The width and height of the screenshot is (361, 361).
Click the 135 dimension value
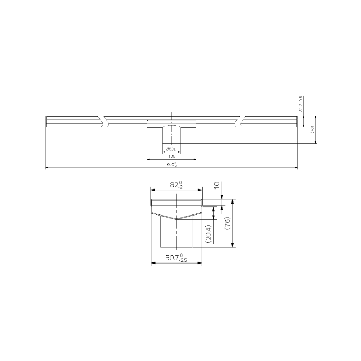click(171, 156)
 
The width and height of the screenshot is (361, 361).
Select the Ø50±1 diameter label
click(172, 149)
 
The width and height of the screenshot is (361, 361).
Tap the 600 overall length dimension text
click(171, 165)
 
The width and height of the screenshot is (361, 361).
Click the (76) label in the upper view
click(312, 130)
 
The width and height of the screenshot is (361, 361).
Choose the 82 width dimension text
click(176, 185)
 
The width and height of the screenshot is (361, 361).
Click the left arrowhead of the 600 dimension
click(47, 168)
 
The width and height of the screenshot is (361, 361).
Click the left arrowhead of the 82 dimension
click(152, 190)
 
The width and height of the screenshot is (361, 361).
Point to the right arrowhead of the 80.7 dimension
click(200, 263)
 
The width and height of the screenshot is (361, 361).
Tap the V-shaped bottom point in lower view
click(176, 219)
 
